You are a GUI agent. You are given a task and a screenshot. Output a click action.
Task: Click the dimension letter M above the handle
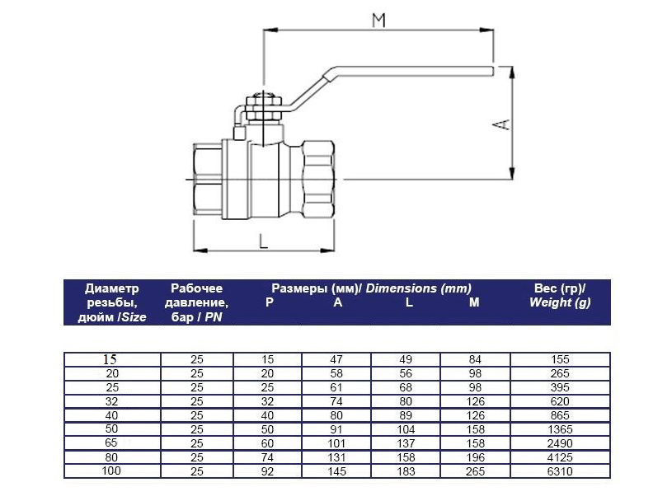pyautogui.click(x=378, y=20)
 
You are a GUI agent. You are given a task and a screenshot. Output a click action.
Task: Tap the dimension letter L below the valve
pyautogui.click(x=264, y=241)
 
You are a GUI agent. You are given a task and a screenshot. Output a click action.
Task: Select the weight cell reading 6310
pyautogui.click(x=560, y=471)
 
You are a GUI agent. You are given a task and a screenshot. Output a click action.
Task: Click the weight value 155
pyautogui.click(x=560, y=359)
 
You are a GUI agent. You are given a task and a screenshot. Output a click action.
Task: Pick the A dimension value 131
pyautogui.click(x=336, y=457)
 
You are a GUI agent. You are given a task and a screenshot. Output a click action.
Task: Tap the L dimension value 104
pyautogui.click(x=406, y=429)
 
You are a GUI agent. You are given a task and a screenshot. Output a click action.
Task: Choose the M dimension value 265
pyautogui.click(x=475, y=471)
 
